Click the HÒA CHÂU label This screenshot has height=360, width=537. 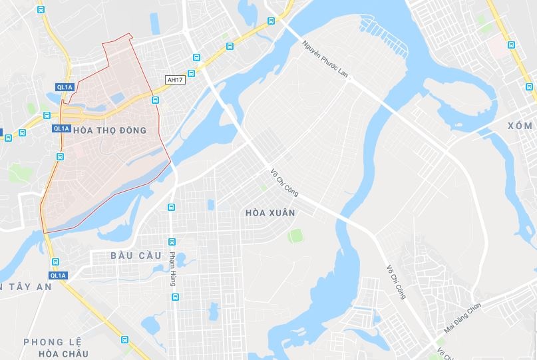[63, 353]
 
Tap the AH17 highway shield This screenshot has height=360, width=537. [175, 80]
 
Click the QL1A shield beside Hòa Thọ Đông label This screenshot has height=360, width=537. [61, 128]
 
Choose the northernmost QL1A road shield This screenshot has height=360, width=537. [65, 87]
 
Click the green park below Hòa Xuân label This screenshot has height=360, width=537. [295, 236]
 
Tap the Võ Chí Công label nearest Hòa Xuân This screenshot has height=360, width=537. [284, 181]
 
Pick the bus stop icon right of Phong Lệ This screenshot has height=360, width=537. [124, 340]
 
